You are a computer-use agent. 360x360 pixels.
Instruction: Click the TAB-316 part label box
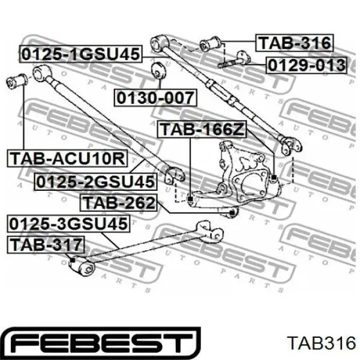295,43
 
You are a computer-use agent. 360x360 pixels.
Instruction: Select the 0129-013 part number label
306,65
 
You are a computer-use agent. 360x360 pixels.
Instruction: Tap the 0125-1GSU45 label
81,54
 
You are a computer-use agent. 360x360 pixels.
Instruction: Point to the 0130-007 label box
155,98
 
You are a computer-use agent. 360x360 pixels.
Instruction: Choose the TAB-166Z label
202,129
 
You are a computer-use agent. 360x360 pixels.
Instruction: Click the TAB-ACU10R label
67,158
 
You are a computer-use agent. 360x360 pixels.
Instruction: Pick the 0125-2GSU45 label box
95,182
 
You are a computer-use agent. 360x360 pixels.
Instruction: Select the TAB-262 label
118,203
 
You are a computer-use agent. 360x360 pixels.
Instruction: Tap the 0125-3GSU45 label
68,224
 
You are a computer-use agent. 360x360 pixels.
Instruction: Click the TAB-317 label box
46,245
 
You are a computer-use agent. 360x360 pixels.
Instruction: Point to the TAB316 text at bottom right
322,343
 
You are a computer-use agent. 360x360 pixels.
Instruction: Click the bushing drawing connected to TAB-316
210,43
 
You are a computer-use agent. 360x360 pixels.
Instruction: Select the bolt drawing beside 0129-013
234,59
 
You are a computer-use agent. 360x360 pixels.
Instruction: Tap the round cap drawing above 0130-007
158,70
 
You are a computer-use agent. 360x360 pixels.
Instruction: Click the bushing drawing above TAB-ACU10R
17,81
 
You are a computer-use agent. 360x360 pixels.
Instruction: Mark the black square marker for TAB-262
232,213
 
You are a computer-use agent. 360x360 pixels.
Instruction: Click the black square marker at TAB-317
73,260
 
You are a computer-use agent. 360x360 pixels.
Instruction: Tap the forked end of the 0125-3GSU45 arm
210,232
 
